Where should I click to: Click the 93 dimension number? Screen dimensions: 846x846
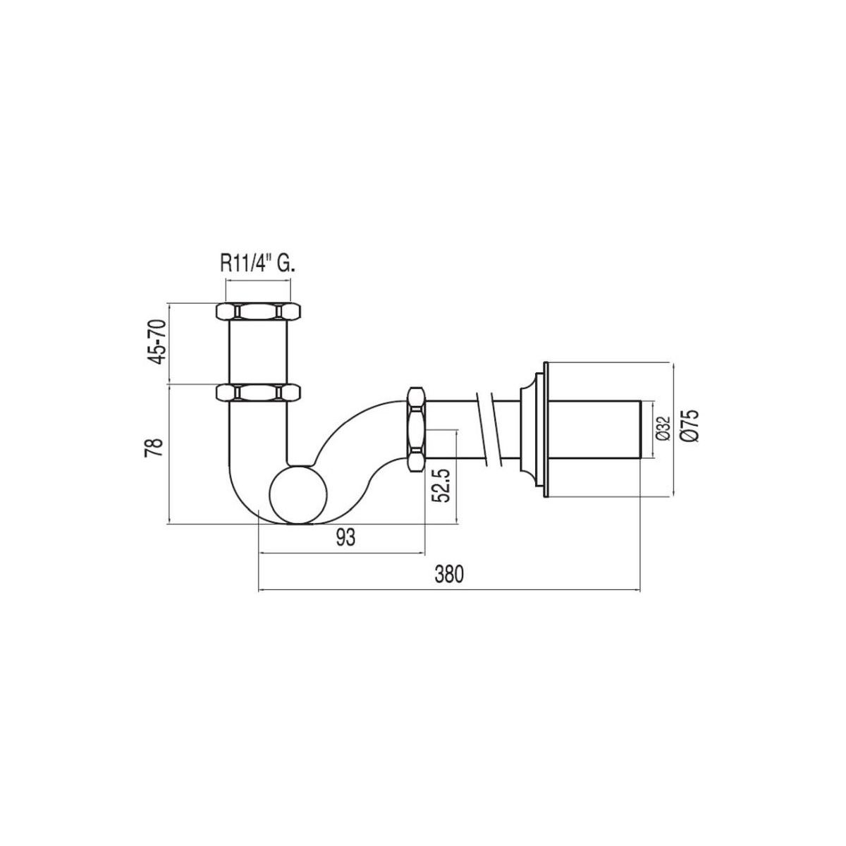tap(345, 536)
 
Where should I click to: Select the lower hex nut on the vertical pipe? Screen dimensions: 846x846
tap(258, 392)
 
